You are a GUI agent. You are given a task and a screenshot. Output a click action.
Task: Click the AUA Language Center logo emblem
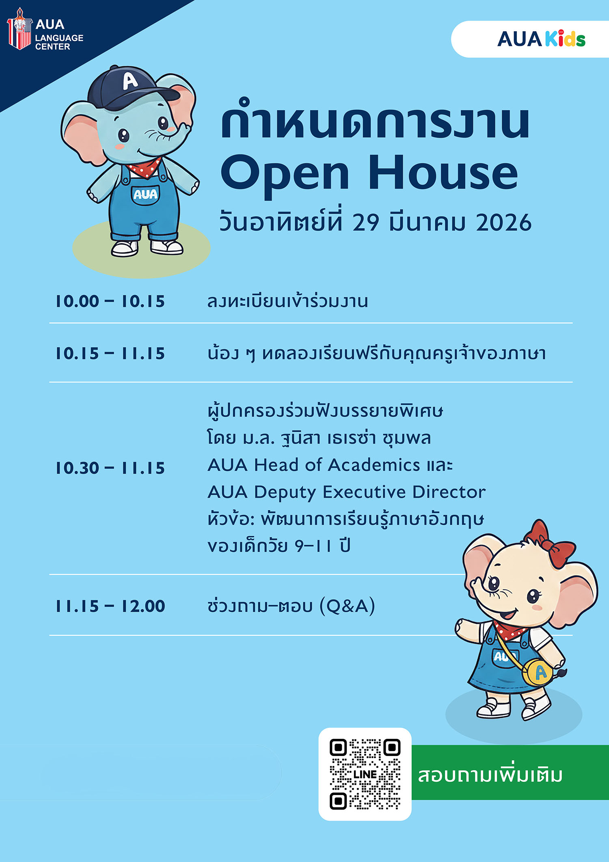tap(19, 29)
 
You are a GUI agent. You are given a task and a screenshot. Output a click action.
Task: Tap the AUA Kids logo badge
tap(541, 39)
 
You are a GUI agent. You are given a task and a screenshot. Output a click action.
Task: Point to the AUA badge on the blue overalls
tap(145, 195)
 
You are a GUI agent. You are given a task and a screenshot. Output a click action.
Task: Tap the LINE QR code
tap(365, 774)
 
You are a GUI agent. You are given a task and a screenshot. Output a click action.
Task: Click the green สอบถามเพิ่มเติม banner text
tap(490, 775)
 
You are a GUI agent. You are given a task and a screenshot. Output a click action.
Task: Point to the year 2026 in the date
tap(503, 223)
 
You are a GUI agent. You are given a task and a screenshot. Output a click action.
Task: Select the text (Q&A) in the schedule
tap(347, 606)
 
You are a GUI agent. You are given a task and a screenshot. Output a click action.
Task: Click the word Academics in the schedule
tap(374, 465)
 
